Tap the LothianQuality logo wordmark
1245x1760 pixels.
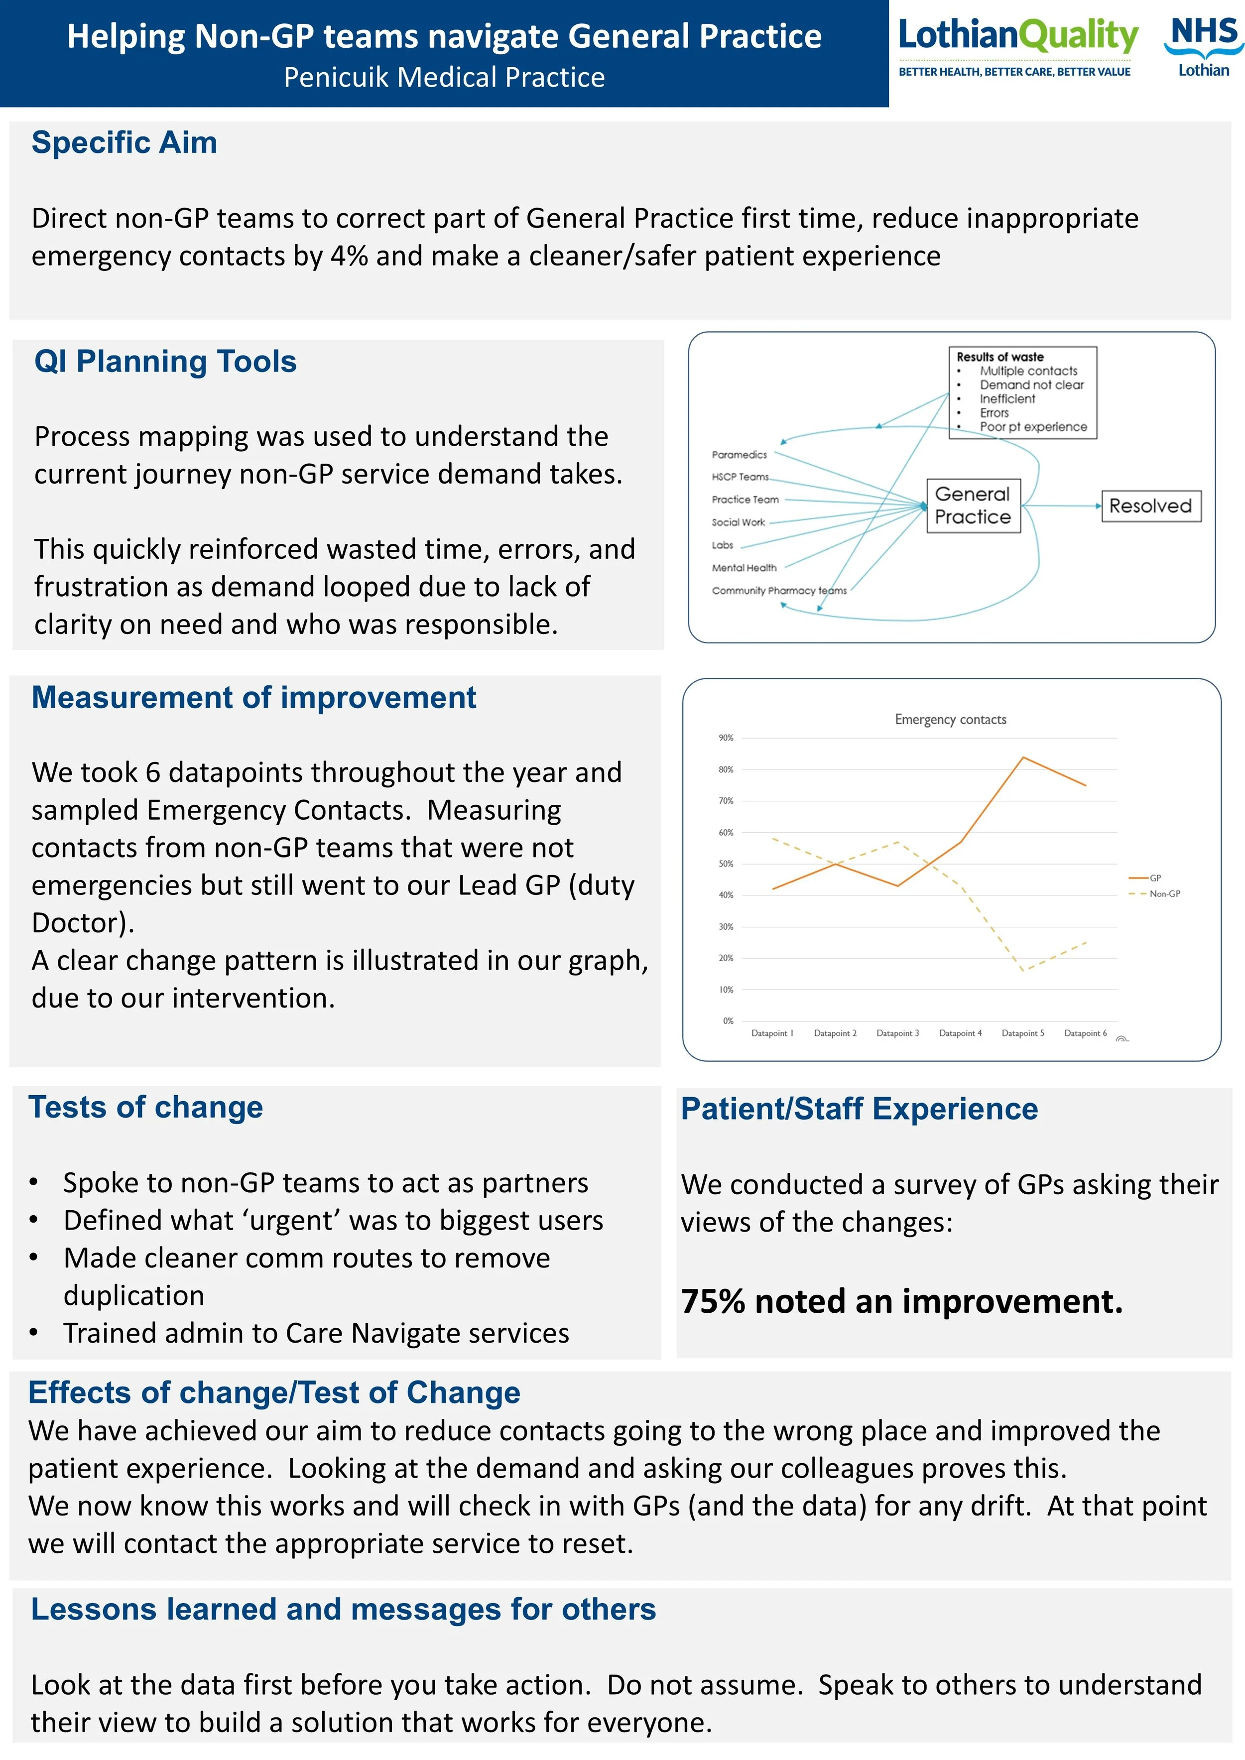pyautogui.click(x=1017, y=35)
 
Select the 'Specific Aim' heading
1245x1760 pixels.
pyautogui.click(x=124, y=142)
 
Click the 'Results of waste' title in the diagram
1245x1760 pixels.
pyautogui.click(x=999, y=357)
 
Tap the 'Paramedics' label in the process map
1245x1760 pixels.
pyautogui.click(x=739, y=455)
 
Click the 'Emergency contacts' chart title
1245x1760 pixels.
pyautogui.click(x=950, y=719)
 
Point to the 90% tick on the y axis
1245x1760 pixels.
pyautogui.click(x=725, y=738)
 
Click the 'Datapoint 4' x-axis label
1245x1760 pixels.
pyautogui.click(x=960, y=1033)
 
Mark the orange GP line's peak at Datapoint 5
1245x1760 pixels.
pyautogui.click(x=1023, y=757)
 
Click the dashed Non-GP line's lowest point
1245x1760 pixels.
pyautogui.click(x=1023, y=971)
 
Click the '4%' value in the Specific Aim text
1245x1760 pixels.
pyautogui.click(x=349, y=256)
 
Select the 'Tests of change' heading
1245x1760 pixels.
pyautogui.click(x=145, y=1108)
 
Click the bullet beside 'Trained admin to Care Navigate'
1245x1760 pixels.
pyautogui.click(x=34, y=1333)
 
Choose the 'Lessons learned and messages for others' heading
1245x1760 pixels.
pyautogui.click(x=344, y=1610)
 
